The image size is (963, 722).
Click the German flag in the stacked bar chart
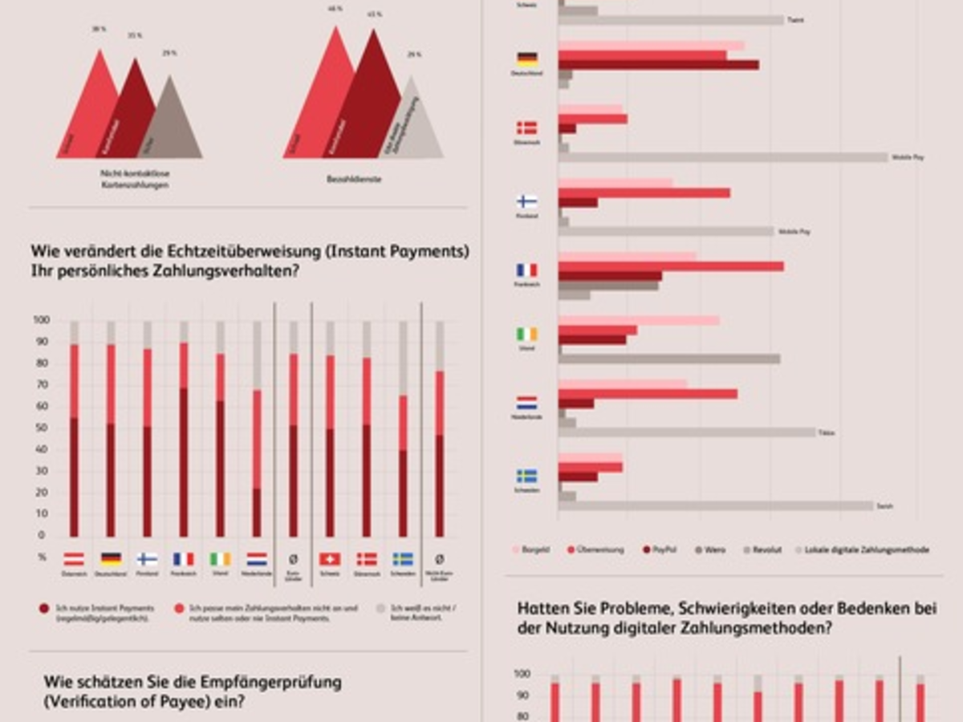click(111, 558)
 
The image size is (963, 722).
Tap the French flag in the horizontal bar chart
click(527, 270)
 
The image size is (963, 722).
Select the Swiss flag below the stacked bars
click(330, 558)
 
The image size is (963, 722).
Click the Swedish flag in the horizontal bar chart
click(527, 476)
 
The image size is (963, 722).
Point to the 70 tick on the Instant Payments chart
click(42, 385)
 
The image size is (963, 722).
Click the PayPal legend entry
click(647, 550)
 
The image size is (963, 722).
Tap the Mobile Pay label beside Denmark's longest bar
click(908, 157)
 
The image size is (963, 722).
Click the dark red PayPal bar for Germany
click(658, 65)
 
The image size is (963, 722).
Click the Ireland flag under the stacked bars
click(220, 558)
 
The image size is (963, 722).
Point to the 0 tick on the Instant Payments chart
click(42, 535)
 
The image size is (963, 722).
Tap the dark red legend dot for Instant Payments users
click(44, 609)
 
